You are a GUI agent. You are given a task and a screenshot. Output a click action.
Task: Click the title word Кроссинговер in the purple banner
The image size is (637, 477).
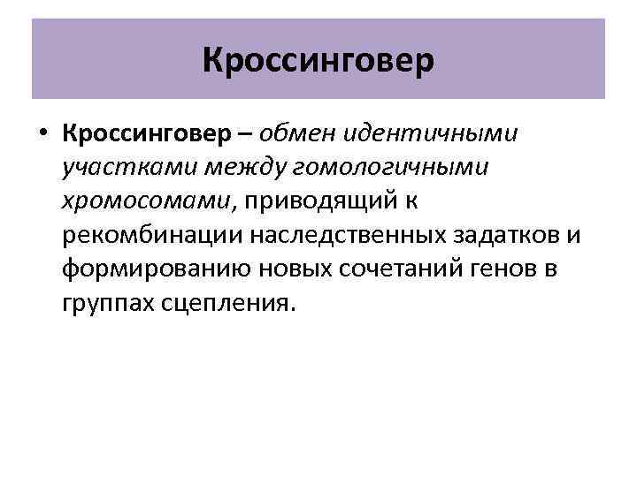click(x=318, y=60)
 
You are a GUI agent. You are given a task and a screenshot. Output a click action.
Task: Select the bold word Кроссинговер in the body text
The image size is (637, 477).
click(x=150, y=132)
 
